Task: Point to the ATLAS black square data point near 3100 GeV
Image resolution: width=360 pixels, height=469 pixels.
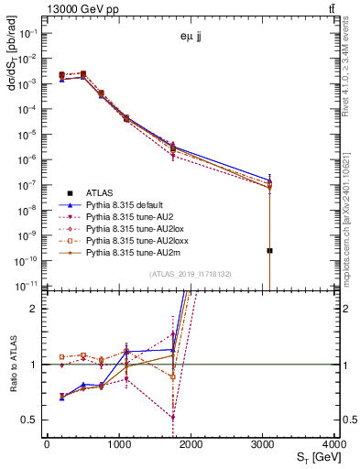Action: (270, 250)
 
